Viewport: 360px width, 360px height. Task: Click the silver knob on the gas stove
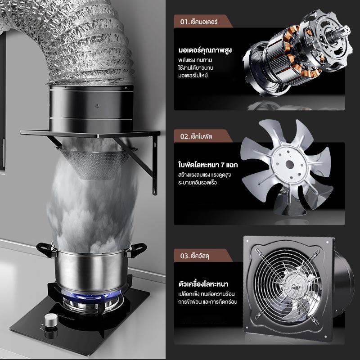pyautogui.click(x=51, y=319)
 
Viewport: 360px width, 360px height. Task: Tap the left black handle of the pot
pyautogui.click(x=45, y=249)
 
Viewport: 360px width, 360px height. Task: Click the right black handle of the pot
pyautogui.click(x=137, y=249)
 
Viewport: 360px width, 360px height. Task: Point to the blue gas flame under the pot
pyautogui.click(x=92, y=296)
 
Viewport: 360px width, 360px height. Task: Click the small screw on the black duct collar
pyautogui.click(x=97, y=106)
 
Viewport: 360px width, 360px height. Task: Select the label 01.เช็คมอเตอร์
pyautogui.click(x=198, y=22)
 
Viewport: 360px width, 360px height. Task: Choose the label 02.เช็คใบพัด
pyautogui.click(x=196, y=136)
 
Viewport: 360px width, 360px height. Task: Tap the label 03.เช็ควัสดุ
pyautogui.click(x=194, y=256)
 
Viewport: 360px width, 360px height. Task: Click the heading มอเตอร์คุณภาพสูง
pyautogui.click(x=205, y=50)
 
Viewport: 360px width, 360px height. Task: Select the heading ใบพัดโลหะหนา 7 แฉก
pyautogui.click(x=208, y=165)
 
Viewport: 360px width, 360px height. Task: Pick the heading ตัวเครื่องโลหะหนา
pyautogui.click(x=203, y=284)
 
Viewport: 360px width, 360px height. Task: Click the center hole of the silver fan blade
pyautogui.click(x=290, y=164)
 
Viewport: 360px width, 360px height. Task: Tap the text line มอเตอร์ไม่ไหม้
pyautogui.click(x=193, y=76)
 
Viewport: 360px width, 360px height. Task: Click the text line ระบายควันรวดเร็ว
pyautogui.click(x=198, y=183)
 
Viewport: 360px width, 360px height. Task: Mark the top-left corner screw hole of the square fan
pyautogui.click(x=248, y=241)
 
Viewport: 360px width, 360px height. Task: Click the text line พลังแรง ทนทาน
pyautogui.click(x=195, y=60)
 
